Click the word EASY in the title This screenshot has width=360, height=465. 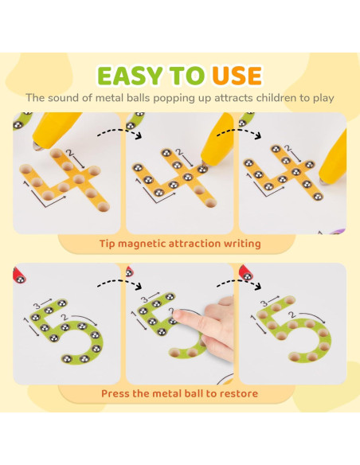pos(130,76)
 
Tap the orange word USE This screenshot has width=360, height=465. pos(237,76)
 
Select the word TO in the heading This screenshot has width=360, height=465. pos(187,76)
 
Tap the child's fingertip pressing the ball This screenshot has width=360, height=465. pos(178,315)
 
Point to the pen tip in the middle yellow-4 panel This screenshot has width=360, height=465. pos(204,162)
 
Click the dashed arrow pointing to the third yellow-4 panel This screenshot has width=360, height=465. pos(239,132)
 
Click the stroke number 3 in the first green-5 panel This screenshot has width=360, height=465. pos(37,306)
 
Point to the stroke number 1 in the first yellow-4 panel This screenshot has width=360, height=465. pos(26,185)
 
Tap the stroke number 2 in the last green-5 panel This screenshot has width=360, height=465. pos(293,315)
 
